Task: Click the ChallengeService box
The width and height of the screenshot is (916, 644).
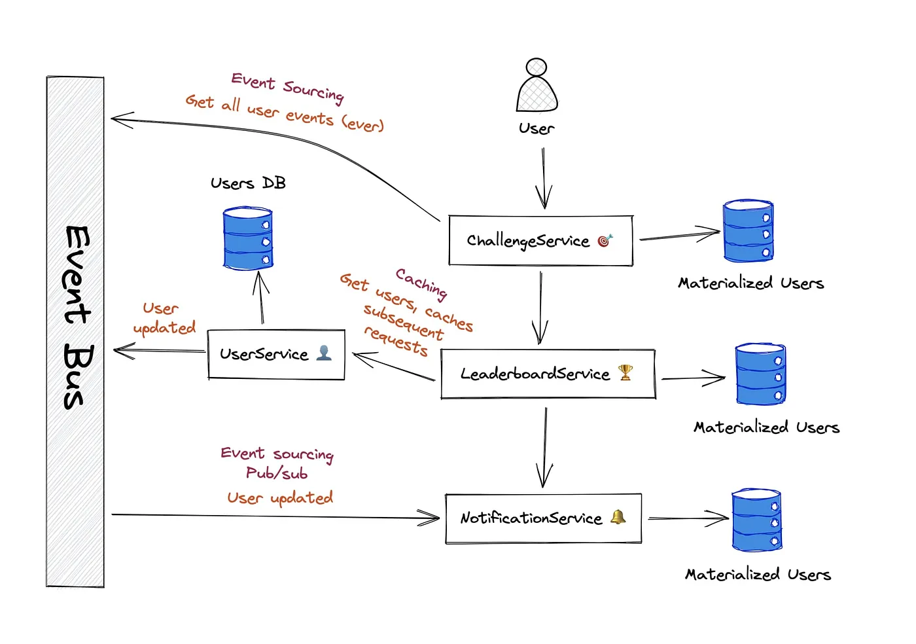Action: tap(540, 241)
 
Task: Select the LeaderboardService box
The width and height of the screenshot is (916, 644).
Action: tap(548, 374)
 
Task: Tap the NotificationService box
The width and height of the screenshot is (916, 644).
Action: tap(544, 518)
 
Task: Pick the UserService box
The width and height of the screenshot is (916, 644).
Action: tap(276, 354)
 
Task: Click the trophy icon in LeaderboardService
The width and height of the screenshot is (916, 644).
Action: tap(625, 372)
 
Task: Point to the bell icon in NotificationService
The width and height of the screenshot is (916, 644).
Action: tap(618, 517)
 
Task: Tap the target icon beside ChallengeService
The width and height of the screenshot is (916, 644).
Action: tap(605, 240)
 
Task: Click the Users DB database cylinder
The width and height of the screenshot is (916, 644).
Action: tap(248, 238)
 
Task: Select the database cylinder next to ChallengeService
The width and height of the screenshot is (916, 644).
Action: tap(748, 230)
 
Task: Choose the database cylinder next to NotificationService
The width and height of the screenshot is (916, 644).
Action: tap(756, 520)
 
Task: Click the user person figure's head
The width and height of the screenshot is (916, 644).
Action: tap(536, 67)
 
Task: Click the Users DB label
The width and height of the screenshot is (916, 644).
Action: tap(248, 183)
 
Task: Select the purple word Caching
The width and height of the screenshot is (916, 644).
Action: tap(421, 284)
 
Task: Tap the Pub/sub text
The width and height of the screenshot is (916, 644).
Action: tap(277, 473)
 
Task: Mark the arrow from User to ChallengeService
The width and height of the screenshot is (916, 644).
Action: tap(544, 179)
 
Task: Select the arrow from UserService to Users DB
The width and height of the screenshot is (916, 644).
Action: tap(260, 297)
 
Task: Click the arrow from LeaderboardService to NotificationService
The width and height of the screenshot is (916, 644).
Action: tap(544, 448)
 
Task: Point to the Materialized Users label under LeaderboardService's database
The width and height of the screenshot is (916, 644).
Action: tap(766, 427)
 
